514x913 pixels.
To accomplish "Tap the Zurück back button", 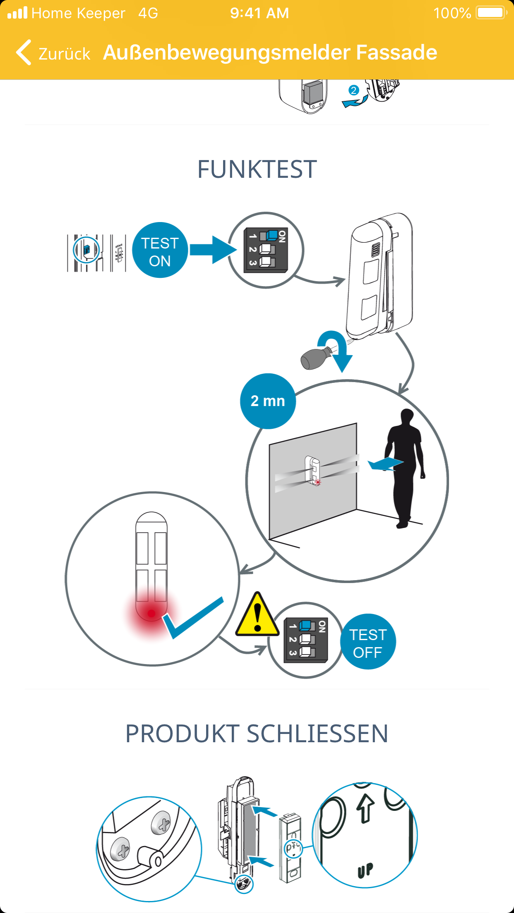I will click(53, 53).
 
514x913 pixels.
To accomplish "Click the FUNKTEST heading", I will click(257, 170).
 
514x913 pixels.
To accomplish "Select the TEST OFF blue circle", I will click(367, 642).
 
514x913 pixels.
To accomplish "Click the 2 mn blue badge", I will click(268, 401).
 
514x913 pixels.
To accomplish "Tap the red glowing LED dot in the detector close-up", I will click(151, 613).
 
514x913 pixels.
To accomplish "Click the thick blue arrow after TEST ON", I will click(213, 250).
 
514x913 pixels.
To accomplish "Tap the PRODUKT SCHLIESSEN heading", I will click(257, 734).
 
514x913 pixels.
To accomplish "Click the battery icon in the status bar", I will click(491, 13).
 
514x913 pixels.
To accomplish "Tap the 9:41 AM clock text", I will click(259, 13).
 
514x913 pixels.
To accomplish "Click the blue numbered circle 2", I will click(353, 91).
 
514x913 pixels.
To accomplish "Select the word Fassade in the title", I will click(396, 53).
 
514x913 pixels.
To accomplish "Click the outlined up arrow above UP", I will click(365, 808).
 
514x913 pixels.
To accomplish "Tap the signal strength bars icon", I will click(17, 13).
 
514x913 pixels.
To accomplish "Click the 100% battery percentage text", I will click(452, 13).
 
